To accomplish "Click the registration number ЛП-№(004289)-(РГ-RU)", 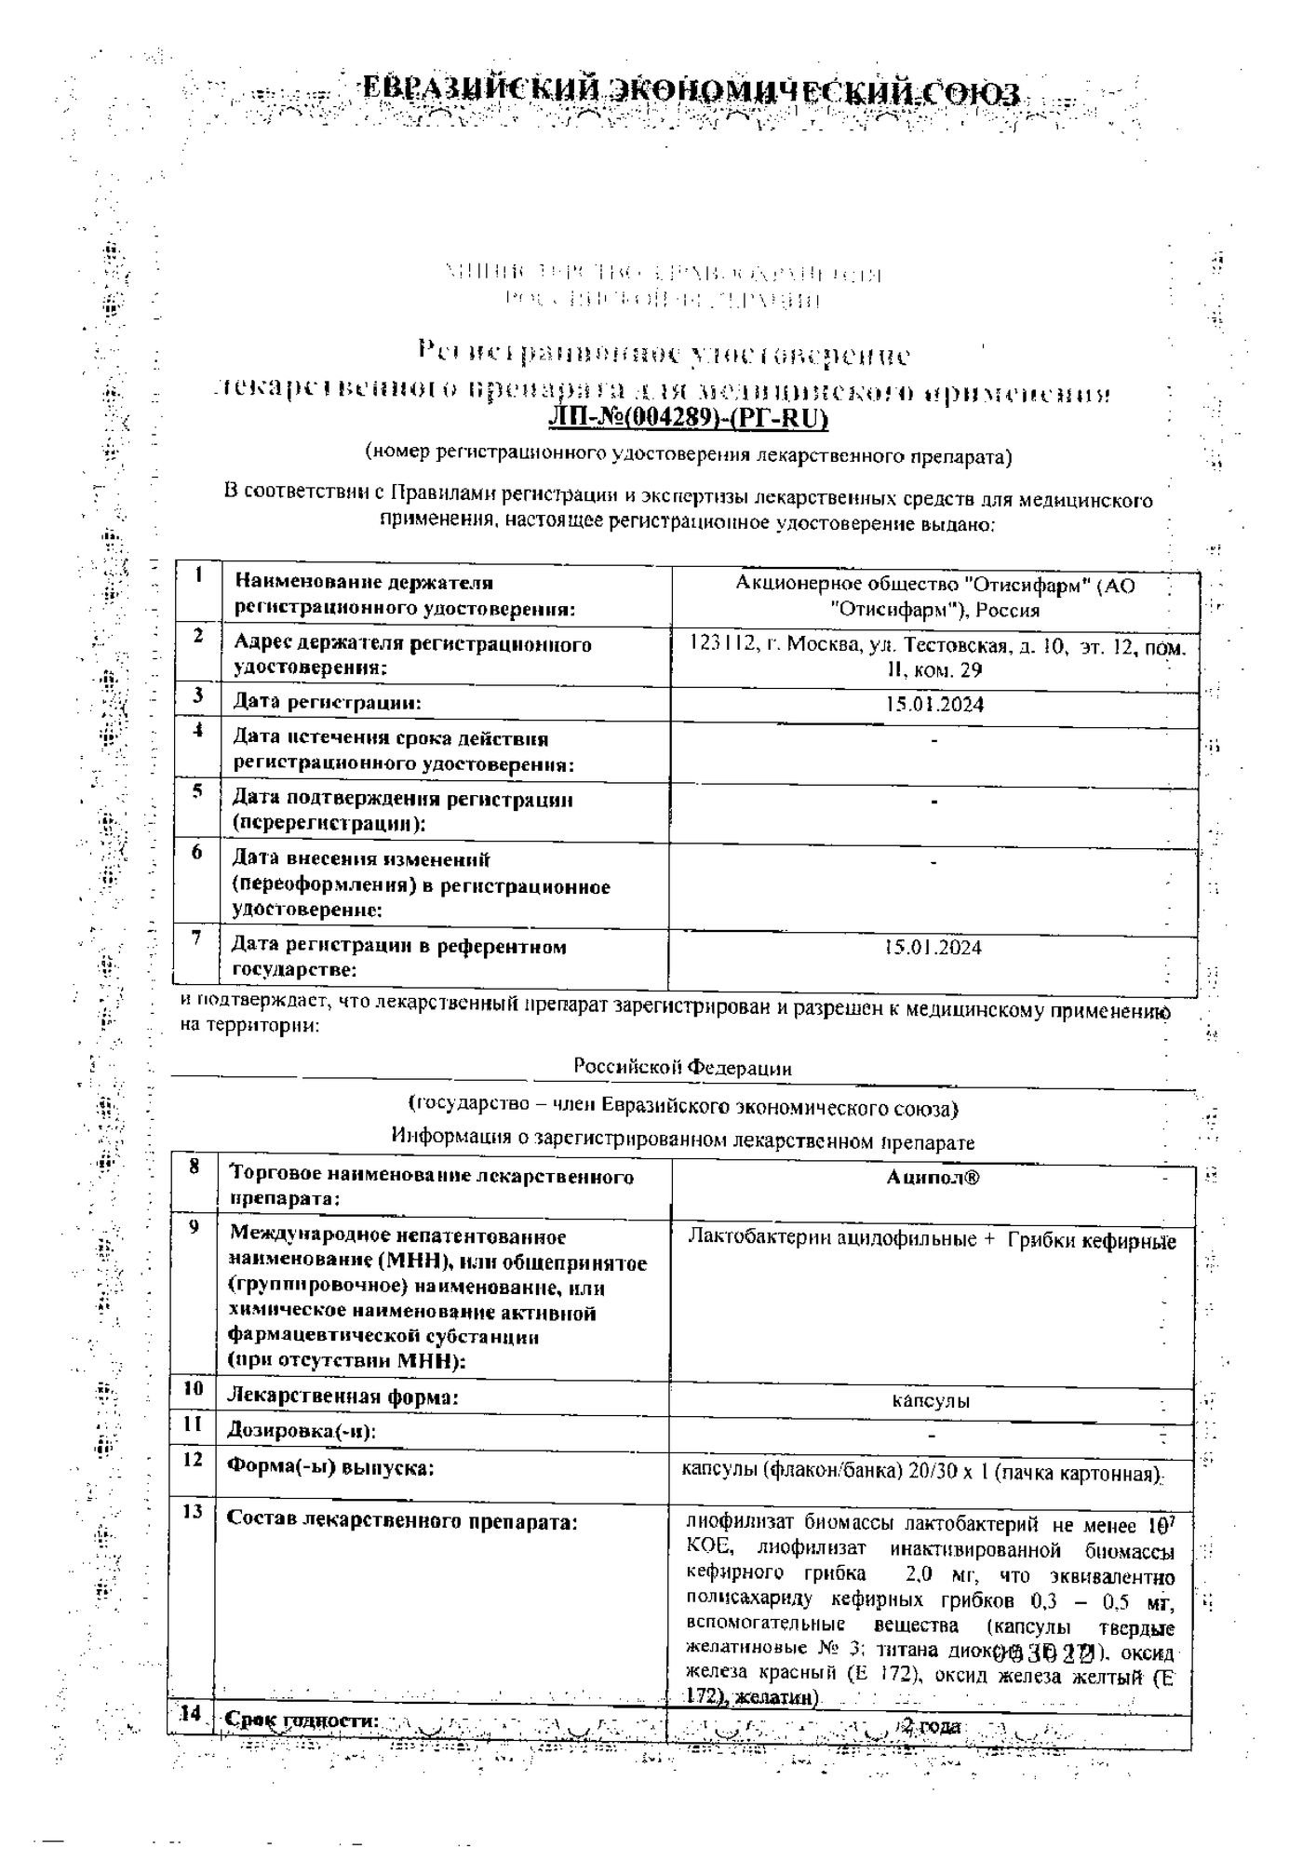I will (x=689, y=420).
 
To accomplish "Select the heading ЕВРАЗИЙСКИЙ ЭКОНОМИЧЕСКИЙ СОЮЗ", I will (x=690, y=92).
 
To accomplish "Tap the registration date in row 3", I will (x=934, y=704).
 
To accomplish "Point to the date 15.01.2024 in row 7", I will (x=933, y=948).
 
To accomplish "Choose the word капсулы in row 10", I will (x=932, y=1400).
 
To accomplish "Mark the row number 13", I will (x=193, y=1511).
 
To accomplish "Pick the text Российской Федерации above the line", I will (x=682, y=1068).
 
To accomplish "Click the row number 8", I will (x=194, y=1166).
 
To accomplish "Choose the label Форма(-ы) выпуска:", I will (x=331, y=1468).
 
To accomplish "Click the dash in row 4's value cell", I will (x=933, y=741).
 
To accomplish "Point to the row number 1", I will (x=198, y=574).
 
